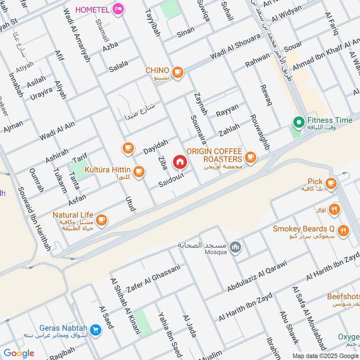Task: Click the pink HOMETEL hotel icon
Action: click(x=118, y=9)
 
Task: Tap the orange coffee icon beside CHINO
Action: click(x=178, y=71)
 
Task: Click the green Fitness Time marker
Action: click(x=298, y=121)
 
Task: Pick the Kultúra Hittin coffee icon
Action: click(x=139, y=171)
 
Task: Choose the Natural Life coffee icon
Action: click(x=102, y=219)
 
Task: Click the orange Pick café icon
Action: click(x=331, y=182)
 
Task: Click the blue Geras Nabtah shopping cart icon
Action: click(x=95, y=330)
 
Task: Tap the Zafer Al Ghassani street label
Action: click(x=153, y=278)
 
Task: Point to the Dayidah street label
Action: click(x=155, y=147)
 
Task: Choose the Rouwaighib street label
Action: click(x=259, y=132)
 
